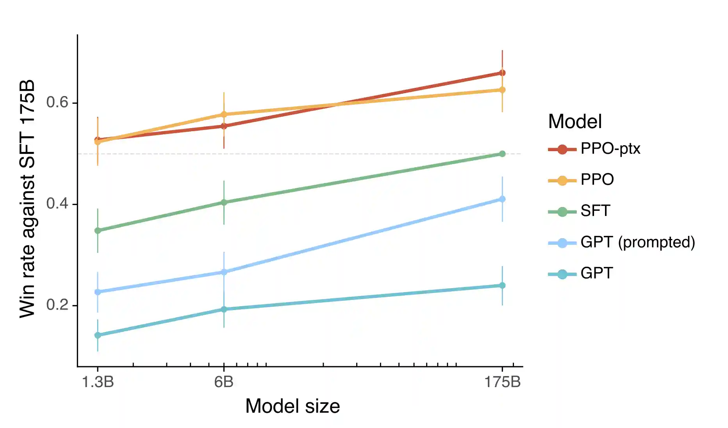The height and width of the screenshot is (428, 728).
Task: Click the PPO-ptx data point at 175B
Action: tap(502, 73)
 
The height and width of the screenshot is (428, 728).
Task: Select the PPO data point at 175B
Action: tap(502, 90)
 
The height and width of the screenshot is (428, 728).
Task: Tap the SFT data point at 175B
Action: tap(502, 154)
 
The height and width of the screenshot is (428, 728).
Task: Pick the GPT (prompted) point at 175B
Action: tap(502, 199)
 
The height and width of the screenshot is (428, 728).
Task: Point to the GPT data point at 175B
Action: tap(502, 285)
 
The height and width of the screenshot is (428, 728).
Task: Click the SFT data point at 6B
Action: tap(224, 202)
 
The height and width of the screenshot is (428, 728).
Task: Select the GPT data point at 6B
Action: tap(224, 309)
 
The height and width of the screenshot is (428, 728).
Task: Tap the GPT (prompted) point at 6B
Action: tap(224, 272)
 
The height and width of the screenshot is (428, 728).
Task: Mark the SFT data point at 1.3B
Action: tap(98, 230)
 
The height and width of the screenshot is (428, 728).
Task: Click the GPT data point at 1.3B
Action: tap(98, 335)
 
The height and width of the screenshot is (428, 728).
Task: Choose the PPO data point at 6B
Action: tap(224, 114)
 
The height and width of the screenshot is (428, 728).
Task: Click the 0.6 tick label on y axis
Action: tap(57, 102)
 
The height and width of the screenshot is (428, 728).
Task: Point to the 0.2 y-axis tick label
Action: tap(57, 305)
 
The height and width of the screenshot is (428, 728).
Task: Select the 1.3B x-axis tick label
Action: tap(98, 382)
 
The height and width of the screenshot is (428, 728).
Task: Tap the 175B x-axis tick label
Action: tap(502, 382)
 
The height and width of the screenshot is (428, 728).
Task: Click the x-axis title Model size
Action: tap(293, 406)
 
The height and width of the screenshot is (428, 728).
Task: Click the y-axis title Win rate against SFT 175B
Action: tap(27, 199)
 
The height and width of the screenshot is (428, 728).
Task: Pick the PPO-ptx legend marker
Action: tap(562, 149)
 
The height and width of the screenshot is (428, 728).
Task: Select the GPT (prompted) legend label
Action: tap(638, 242)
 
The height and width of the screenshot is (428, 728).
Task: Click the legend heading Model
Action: tap(575, 121)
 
